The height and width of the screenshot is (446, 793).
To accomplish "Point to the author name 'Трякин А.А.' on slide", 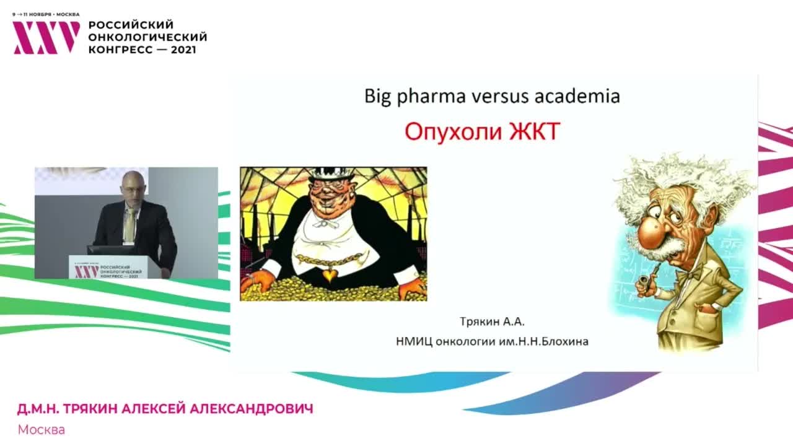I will point(488,322).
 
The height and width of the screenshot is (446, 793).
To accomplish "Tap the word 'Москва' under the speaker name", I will point(42,429).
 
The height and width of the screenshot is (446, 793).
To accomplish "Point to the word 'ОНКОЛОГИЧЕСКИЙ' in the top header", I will point(147,37).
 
